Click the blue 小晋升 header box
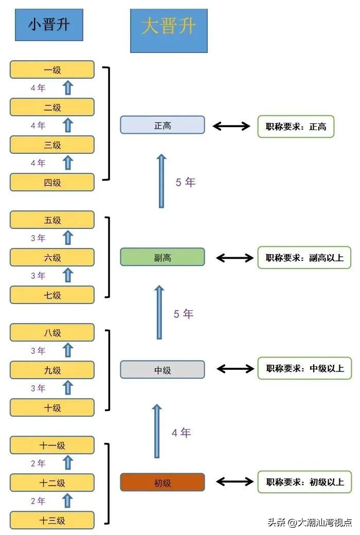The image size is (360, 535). (x=49, y=25)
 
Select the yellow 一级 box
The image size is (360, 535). (x=52, y=69)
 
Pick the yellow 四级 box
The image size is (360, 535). (x=52, y=182)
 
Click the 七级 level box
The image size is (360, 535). (x=52, y=295)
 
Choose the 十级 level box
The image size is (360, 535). (x=52, y=407)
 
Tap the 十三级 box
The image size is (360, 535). (x=52, y=520)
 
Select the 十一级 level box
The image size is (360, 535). (x=52, y=445)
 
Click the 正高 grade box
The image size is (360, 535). (x=163, y=125)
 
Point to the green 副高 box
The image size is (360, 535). (x=163, y=257)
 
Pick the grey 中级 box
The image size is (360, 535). (x=163, y=369)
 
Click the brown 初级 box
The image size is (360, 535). (x=163, y=483)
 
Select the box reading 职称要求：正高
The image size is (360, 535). (x=296, y=126)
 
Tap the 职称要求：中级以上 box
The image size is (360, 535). (x=304, y=368)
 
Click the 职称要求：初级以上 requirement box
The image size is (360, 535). (x=304, y=482)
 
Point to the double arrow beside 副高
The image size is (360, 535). (x=235, y=257)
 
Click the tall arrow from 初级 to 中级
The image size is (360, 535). (x=157, y=431)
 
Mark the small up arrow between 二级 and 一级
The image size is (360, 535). (x=68, y=88)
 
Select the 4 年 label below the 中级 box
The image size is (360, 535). (x=181, y=433)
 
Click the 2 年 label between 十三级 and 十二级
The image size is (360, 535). (x=38, y=501)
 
